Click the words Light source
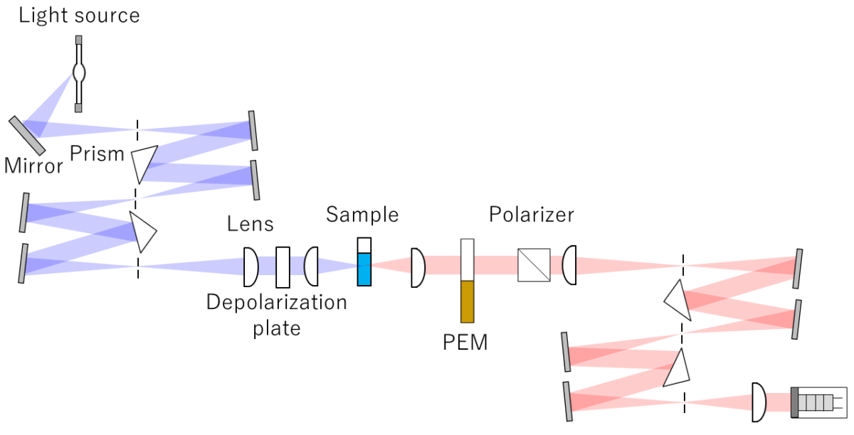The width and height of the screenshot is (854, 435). [x=79, y=16]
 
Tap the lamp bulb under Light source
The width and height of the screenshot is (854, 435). [x=79, y=72]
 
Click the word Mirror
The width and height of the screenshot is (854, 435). [x=33, y=166]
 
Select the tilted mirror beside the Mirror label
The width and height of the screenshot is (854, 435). [x=27, y=135]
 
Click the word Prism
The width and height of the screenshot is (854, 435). [x=97, y=153]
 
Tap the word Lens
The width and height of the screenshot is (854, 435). [x=250, y=224]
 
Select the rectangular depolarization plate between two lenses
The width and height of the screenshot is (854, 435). [x=283, y=267]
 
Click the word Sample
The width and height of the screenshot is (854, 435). [x=362, y=214]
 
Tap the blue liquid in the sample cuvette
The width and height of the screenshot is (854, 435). [x=364, y=269]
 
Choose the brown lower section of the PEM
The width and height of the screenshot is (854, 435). [x=467, y=302]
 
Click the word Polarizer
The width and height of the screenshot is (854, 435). [x=531, y=214]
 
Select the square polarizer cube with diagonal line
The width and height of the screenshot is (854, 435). [x=534, y=265]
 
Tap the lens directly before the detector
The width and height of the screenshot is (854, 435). [x=759, y=402]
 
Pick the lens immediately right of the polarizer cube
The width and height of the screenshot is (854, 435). [x=569, y=265]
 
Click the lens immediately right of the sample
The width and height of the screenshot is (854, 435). [x=418, y=267]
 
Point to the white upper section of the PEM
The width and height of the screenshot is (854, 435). [x=467, y=259]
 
